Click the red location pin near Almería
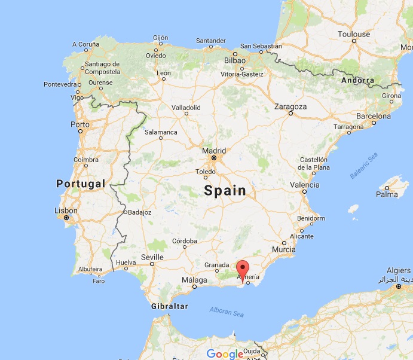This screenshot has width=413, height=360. (243, 267)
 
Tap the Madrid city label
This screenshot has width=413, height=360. (214, 151)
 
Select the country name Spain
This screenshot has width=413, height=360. (225, 191)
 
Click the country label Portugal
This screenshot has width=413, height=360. (81, 184)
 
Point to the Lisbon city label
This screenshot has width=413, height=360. (66, 210)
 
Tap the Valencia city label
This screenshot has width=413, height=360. (304, 185)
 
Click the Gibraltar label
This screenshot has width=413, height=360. (170, 306)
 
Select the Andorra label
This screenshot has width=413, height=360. (357, 80)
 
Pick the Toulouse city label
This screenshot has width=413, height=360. (354, 34)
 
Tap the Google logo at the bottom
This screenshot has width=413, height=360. (225, 353)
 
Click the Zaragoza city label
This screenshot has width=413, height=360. (290, 106)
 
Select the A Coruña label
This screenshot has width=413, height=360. (86, 44)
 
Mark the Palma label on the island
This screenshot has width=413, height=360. (387, 194)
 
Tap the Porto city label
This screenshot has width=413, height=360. (79, 124)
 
